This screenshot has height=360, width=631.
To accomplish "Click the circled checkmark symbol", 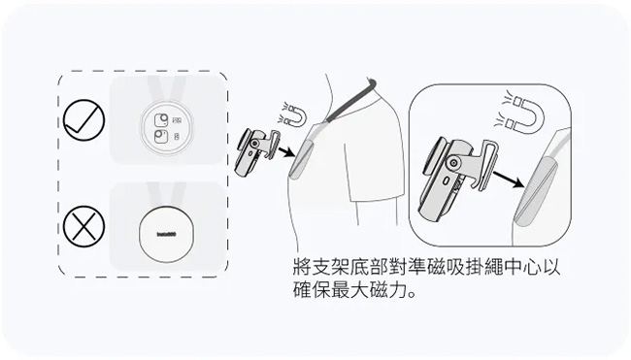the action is tap(84, 119).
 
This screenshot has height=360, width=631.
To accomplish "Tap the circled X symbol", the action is tap(84, 226).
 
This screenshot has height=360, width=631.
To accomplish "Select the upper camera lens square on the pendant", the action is tap(161, 120).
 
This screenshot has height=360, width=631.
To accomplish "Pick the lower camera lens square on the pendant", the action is tap(161, 137).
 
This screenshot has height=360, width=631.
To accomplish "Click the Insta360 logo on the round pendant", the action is tap(166, 234).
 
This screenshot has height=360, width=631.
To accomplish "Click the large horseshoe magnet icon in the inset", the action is tap(522, 113).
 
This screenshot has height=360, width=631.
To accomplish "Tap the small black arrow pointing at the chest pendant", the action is tap(286, 152).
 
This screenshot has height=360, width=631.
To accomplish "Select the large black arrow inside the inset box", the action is tap(509, 180).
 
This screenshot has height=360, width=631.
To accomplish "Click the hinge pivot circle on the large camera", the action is tap(454, 163).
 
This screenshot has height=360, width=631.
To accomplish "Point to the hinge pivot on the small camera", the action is tap(254, 144).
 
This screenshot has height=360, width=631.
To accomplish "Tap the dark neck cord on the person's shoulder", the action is tap(349, 101).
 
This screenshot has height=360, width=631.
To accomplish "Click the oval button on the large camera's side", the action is tap(446, 181).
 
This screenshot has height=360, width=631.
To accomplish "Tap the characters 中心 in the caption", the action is tap(522, 266).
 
